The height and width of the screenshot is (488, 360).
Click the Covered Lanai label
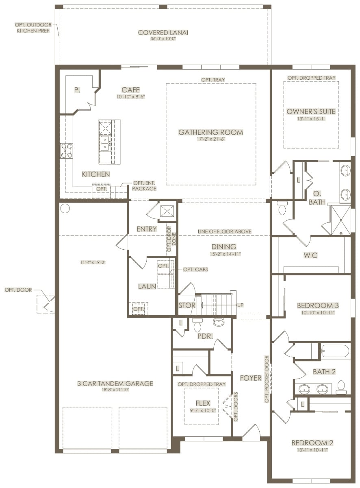[163, 33]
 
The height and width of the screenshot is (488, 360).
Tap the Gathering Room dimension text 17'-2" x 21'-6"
[211, 139]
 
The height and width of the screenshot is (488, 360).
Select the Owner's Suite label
[311, 111]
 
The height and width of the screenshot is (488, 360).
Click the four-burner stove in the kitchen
[67, 151]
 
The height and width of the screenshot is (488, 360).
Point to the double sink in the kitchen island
[105, 143]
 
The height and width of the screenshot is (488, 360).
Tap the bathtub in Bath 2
[335, 351]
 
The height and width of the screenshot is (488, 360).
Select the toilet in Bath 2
[341, 388]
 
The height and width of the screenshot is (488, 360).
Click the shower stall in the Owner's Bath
[340, 220]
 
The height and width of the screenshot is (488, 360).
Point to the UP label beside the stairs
[241, 305]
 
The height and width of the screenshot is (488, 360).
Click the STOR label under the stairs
[187, 305]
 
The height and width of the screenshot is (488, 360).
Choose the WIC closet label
[310, 255]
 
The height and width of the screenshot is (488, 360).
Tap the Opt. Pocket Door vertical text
[267, 379]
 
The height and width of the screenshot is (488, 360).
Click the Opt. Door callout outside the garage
[18, 290]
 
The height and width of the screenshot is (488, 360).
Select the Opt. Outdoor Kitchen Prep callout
[33, 28]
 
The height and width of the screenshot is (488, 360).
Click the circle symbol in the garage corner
[65, 208]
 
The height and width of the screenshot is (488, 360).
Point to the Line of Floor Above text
[225, 231]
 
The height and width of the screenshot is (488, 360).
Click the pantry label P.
[77, 90]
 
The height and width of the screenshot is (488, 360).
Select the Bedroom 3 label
[318, 305]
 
